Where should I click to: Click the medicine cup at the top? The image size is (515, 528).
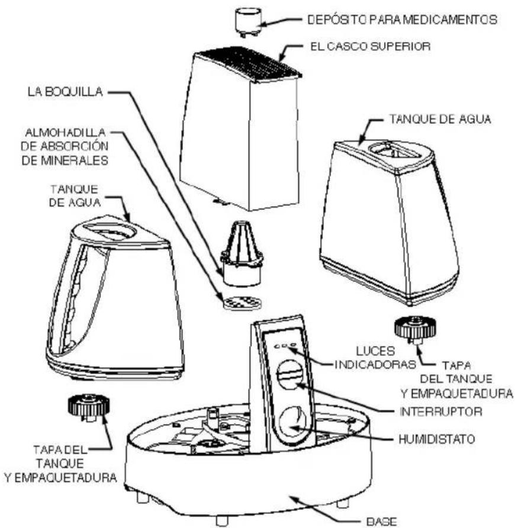click(249, 22)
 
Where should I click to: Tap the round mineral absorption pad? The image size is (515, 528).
click(242, 303)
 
